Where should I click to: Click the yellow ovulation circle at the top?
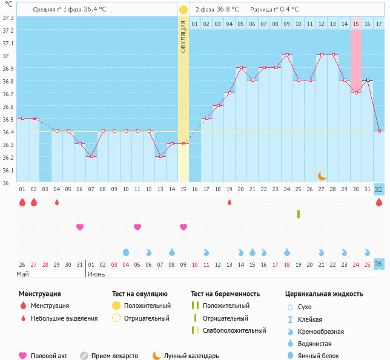click(x=183, y=10)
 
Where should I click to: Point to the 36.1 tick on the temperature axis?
click(x=8, y=170)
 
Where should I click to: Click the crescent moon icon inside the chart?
click(x=322, y=175)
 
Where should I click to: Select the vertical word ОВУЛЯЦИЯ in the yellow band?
click(x=183, y=36)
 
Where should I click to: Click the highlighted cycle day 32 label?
click(x=378, y=189)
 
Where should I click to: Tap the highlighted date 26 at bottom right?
click(x=378, y=264)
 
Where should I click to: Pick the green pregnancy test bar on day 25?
click(x=299, y=214)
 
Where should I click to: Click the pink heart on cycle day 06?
click(x=79, y=227)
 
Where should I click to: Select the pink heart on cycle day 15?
click(x=183, y=227)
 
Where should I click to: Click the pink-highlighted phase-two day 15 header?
click(x=356, y=24)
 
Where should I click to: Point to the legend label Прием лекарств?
click(x=114, y=356)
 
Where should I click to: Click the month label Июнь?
click(x=97, y=274)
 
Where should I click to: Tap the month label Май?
click(x=22, y=274)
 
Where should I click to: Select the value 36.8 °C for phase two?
click(x=228, y=10)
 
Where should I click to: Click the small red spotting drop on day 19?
click(x=230, y=202)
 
